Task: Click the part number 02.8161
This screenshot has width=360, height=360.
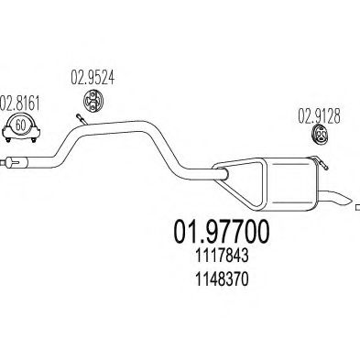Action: pos(19,103)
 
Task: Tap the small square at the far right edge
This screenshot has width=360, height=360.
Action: pos(357,209)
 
